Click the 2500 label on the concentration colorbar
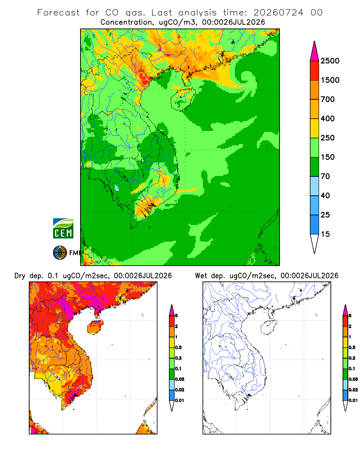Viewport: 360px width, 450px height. (330, 61)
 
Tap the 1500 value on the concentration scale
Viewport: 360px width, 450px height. (330, 80)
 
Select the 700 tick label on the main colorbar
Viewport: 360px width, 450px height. (328, 99)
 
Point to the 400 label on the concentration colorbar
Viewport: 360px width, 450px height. (328, 118)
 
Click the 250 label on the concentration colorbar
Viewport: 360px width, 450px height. (328, 138)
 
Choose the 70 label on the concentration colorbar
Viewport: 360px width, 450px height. (325, 176)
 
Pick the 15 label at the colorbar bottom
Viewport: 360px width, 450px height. (325, 234)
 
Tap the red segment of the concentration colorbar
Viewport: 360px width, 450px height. (315, 71)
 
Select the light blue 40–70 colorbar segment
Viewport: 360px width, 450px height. (315, 186)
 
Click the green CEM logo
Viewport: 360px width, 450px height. (63, 229)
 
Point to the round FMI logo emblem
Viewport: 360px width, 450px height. (60, 253)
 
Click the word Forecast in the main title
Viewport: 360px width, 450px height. (58, 13)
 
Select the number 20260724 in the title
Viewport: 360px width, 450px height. (278, 13)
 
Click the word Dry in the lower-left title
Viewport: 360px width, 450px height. (20, 276)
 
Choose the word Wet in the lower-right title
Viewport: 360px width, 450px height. (201, 276)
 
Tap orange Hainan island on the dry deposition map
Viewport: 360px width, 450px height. (95, 328)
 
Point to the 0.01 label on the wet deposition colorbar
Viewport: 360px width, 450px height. (353, 400)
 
